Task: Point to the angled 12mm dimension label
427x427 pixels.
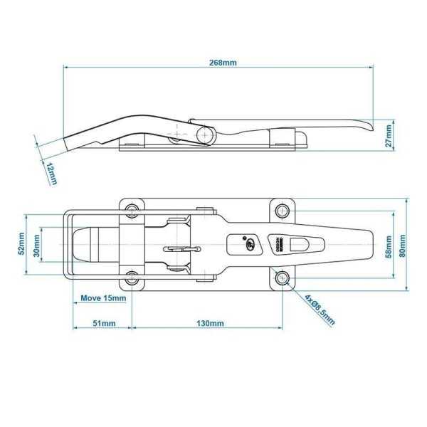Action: (51, 173)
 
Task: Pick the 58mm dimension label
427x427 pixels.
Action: (389, 244)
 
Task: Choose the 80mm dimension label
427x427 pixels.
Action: (403, 244)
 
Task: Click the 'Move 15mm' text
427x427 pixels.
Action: (102, 298)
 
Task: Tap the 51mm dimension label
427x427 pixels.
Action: (103, 324)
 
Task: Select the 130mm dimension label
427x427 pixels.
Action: (210, 324)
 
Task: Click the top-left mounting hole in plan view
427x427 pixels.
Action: (133, 210)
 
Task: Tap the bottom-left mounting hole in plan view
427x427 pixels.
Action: (133, 278)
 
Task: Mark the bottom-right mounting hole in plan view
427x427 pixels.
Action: (283, 278)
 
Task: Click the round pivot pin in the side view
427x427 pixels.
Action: (207, 133)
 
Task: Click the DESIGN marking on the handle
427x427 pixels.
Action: (279, 243)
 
